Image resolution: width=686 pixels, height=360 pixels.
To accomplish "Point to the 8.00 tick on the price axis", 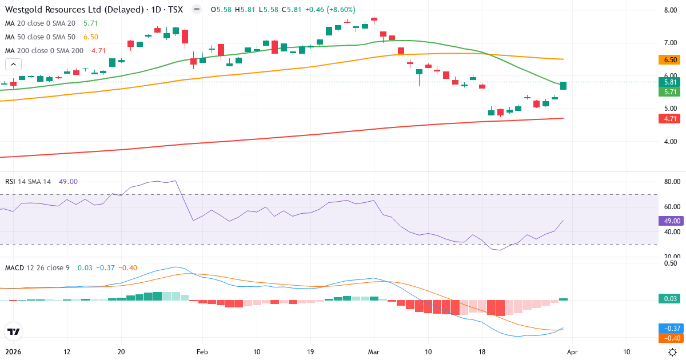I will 671,10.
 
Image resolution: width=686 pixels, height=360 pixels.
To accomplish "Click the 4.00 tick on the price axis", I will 671,142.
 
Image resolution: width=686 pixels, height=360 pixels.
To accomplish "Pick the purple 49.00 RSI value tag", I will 670,221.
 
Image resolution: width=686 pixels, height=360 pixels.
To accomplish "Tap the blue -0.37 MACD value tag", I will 670,328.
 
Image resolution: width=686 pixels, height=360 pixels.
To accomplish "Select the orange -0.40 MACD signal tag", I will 670,338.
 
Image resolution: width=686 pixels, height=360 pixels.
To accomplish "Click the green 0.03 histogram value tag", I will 670,299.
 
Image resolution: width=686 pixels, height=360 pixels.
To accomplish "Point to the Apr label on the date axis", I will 572,352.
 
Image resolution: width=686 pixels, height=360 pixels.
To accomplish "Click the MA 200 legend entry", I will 45,50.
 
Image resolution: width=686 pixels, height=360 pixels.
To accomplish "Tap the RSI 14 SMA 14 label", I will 28,182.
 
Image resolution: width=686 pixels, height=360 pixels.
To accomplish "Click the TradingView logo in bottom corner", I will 13,331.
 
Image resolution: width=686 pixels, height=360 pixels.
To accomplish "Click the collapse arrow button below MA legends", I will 13,65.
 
